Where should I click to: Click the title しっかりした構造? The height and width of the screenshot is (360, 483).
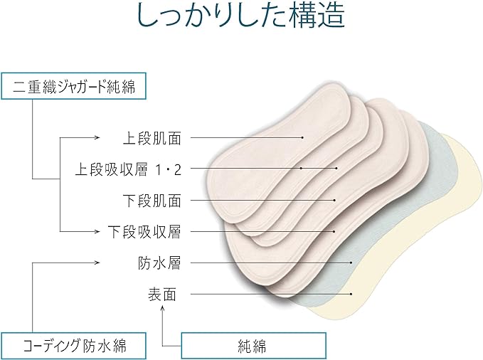pyautogui.click(x=240, y=15)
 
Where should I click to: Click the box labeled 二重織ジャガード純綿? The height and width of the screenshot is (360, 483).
pyautogui.click(x=73, y=86)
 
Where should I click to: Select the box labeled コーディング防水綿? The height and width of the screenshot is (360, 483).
pyautogui.click(x=73, y=346)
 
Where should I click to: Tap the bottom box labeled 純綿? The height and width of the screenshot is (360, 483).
pyautogui.click(x=253, y=346)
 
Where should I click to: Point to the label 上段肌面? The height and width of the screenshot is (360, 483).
pyautogui.click(x=152, y=138)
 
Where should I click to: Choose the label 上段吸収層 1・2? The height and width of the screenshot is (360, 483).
pyautogui.click(x=128, y=169)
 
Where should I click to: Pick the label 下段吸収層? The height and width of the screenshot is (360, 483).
pyautogui.click(x=144, y=231)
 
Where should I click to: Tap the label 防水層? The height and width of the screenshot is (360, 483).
pyautogui.click(x=159, y=263)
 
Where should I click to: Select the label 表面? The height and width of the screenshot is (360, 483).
pyautogui.click(x=162, y=294)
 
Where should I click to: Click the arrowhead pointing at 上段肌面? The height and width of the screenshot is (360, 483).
pyautogui.click(x=97, y=137)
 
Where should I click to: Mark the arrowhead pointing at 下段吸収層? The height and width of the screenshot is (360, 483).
pyautogui.click(x=97, y=231)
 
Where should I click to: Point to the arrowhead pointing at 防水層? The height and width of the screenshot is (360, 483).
pyautogui.click(x=97, y=263)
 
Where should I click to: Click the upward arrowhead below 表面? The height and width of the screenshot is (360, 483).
pyautogui.click(x=163, y=307)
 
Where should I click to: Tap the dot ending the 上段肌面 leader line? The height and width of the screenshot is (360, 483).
pyautogui.click(x=303, y=137)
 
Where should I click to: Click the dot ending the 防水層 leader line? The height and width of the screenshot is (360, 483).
pyautogui.click(x=351, y=263)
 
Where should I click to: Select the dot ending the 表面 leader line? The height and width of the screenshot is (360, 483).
pyautogui.click(x=351, y=294)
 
